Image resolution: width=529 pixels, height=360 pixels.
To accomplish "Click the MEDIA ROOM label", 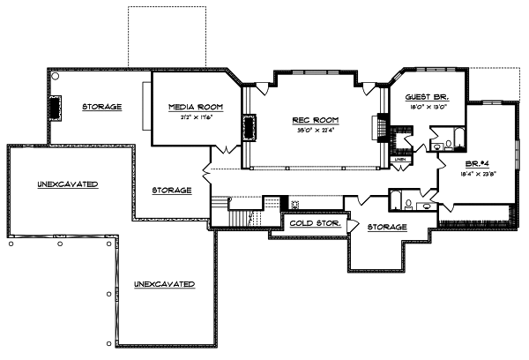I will (x=196, y=106).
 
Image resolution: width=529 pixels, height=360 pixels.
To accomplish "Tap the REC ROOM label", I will (x=316, y=120).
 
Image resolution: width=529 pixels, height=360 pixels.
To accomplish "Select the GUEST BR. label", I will (x=427, y=96).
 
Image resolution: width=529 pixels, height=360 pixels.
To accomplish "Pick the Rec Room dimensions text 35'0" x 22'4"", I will (x=316, y=131).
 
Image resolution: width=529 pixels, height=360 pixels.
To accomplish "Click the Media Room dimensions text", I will (x=196, y=116).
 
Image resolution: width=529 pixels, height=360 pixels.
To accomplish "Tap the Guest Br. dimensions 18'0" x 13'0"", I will (x=427, y=107).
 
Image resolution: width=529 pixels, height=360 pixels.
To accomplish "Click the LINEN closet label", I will (x=399, y=160).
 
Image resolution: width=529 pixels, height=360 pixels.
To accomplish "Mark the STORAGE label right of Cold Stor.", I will (x=387, y=227).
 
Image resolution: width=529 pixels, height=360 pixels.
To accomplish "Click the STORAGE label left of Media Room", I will (x=102, y=107).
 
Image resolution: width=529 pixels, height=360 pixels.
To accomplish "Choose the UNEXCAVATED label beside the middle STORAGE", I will (x=67, y=184).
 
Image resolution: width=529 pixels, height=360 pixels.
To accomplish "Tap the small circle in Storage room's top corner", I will (x=54, y=78).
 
